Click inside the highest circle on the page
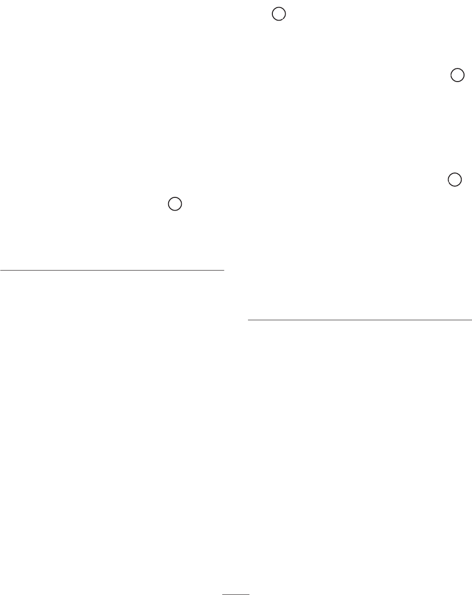[x=279, y=15]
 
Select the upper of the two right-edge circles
[x=457, y=75]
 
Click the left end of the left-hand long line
[x=0, y=270]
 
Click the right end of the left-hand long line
[x=224, y=270]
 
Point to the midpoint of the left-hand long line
[x=113, y=270]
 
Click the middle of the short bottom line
[x=236, y=592]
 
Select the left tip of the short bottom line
[x=223, y=592]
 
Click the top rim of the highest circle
[x=279, y=8]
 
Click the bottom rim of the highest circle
[x=279, y=22]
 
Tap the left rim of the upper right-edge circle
[x=450, y=75]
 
